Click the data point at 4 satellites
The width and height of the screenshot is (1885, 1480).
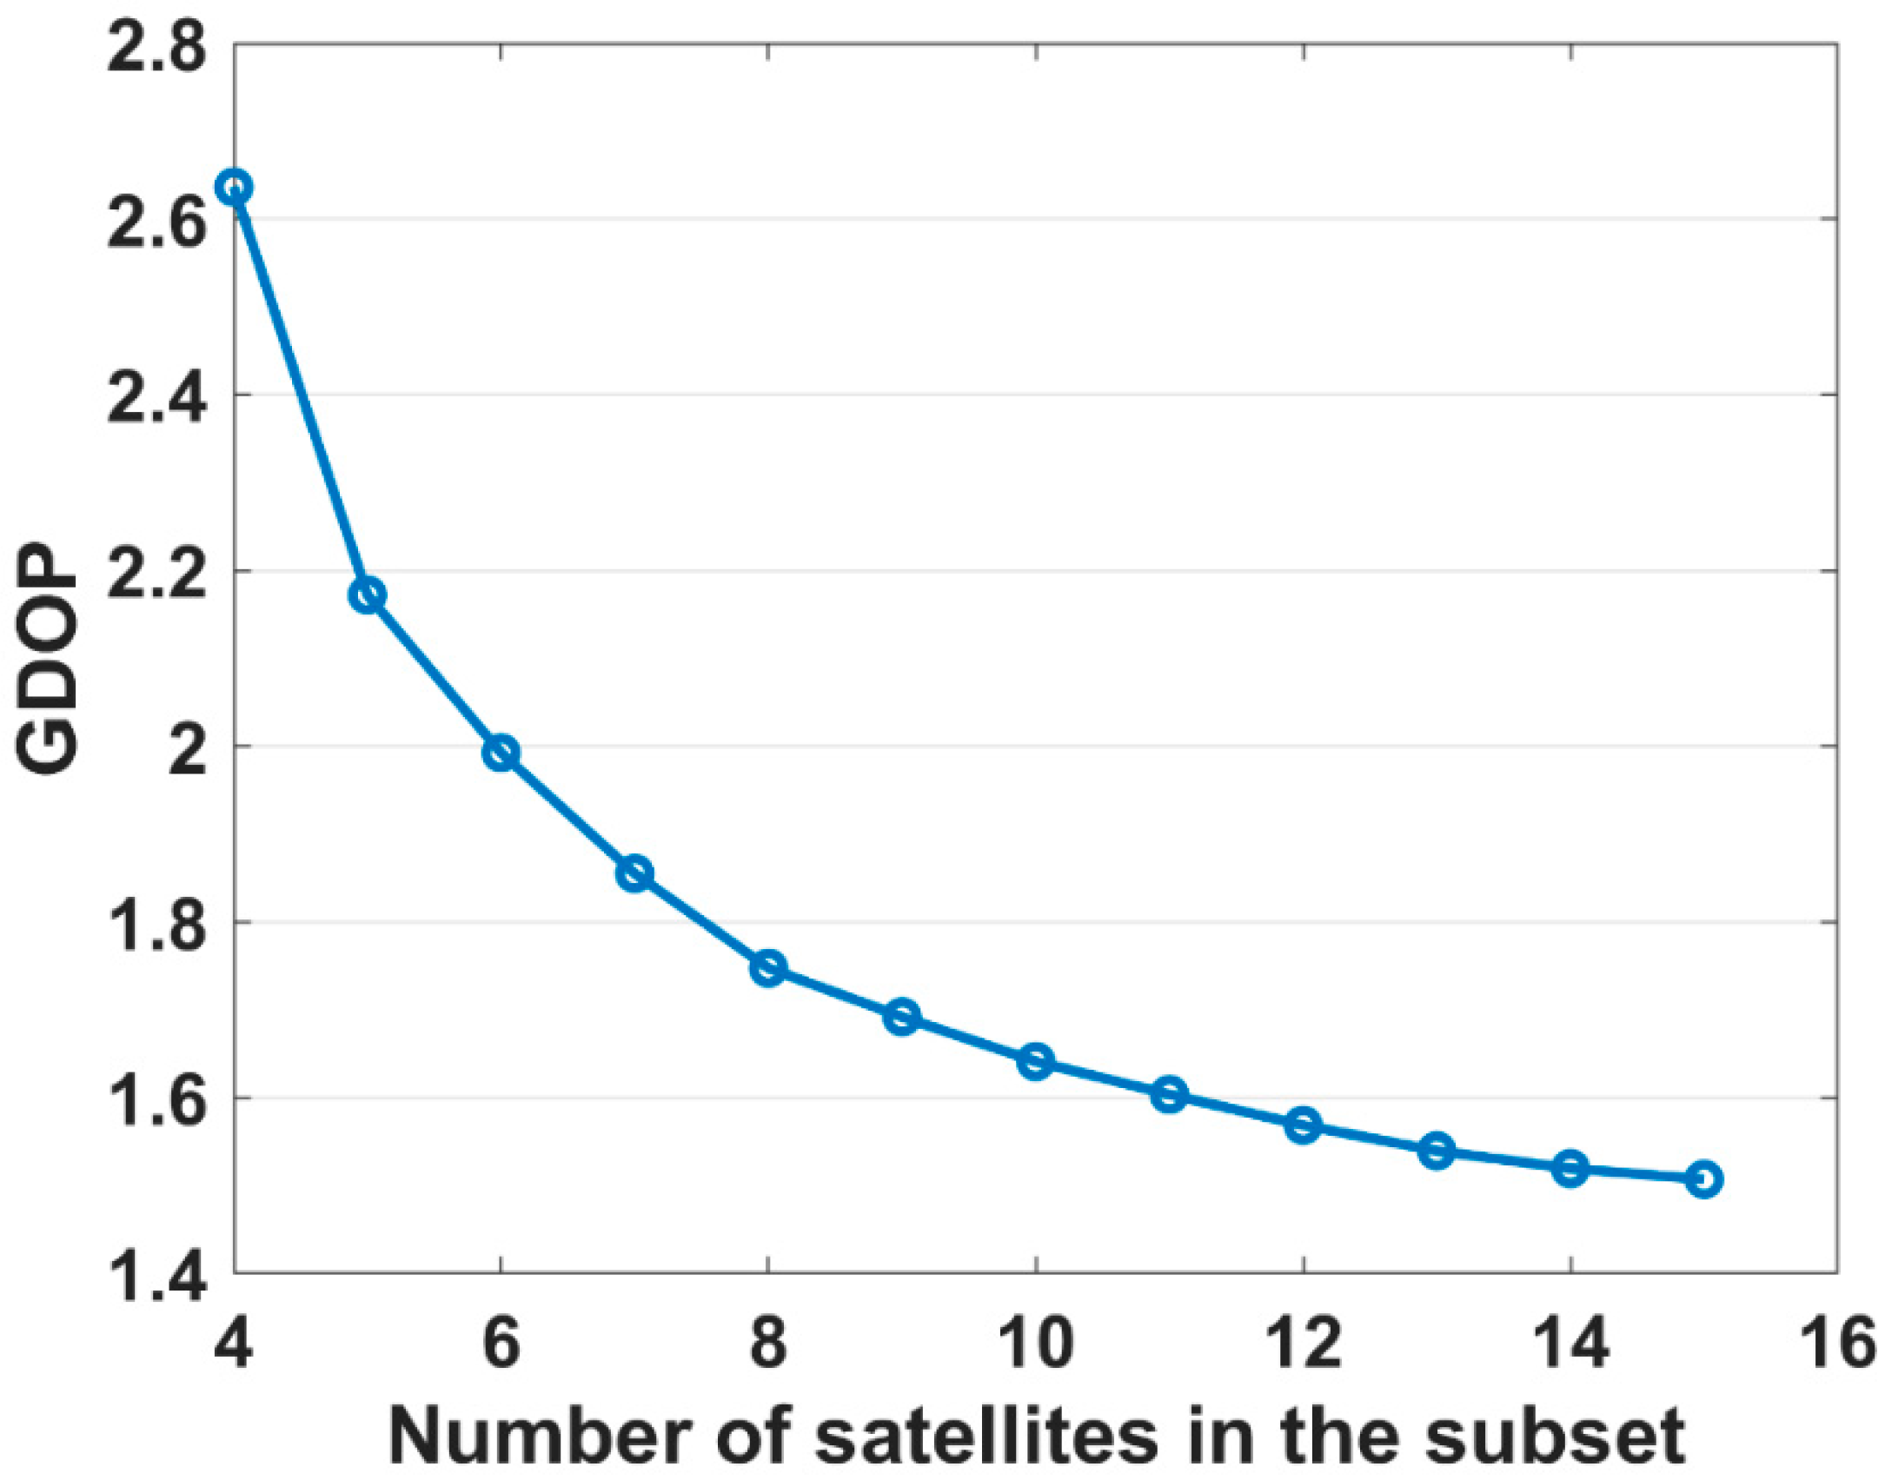point(235,187)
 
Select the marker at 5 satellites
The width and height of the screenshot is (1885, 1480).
point(368,595)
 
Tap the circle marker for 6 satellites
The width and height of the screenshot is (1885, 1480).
point(501,753)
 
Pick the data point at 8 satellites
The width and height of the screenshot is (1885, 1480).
point(768,967)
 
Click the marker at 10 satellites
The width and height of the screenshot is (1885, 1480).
point(1036,1061)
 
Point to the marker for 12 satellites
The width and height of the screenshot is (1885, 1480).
point(1303,1125)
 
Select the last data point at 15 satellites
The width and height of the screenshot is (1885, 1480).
point(1704,1179)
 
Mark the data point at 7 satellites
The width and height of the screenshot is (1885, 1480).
point(635,873)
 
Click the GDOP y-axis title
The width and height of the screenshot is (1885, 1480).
point(48,660)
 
